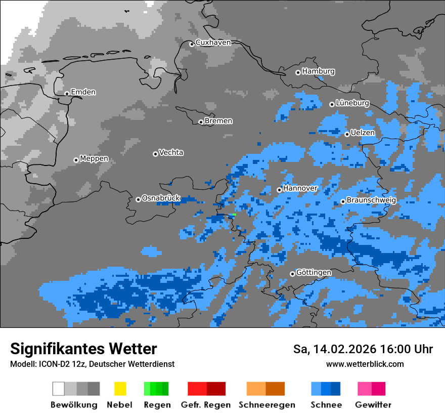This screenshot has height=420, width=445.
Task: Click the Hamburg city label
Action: (318, 71)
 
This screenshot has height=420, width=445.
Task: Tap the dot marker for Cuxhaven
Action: (192, 45)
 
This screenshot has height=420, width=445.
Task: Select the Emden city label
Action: (83, 92)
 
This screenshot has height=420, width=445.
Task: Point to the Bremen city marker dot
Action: (201, 122)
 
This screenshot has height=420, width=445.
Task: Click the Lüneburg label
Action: (352, 103)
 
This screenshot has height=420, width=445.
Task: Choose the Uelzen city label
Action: (363, 133)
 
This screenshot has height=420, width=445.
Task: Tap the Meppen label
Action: (94, 159)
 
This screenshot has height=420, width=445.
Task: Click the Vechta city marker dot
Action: (155, 154)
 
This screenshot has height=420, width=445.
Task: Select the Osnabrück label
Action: (161, 198)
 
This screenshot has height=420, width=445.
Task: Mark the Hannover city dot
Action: (279, 190)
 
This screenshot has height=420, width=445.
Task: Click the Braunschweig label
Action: (371, 200)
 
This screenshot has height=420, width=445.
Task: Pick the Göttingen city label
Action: (314, 273)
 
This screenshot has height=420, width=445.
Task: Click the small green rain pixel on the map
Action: (234, 215)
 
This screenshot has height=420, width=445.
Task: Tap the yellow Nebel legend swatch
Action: (120, 389)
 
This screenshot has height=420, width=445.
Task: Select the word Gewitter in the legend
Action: (373, 405)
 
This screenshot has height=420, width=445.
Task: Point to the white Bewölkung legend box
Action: (59, 389)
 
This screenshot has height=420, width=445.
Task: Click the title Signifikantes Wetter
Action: (83, 349)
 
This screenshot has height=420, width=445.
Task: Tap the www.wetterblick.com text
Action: (365, 364)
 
